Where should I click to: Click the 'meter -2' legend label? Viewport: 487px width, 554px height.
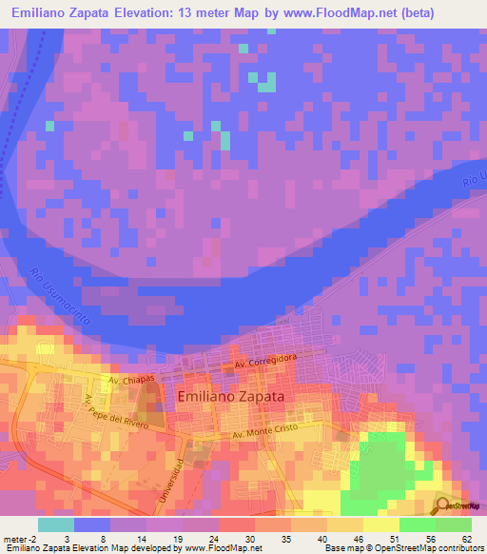(x=20, y=539)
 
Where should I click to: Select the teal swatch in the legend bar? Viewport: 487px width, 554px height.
(x=56, y=524)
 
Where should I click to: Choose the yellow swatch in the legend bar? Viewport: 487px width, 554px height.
(x=380, y=524)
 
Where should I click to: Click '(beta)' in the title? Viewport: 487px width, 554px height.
(x=416, y=13)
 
